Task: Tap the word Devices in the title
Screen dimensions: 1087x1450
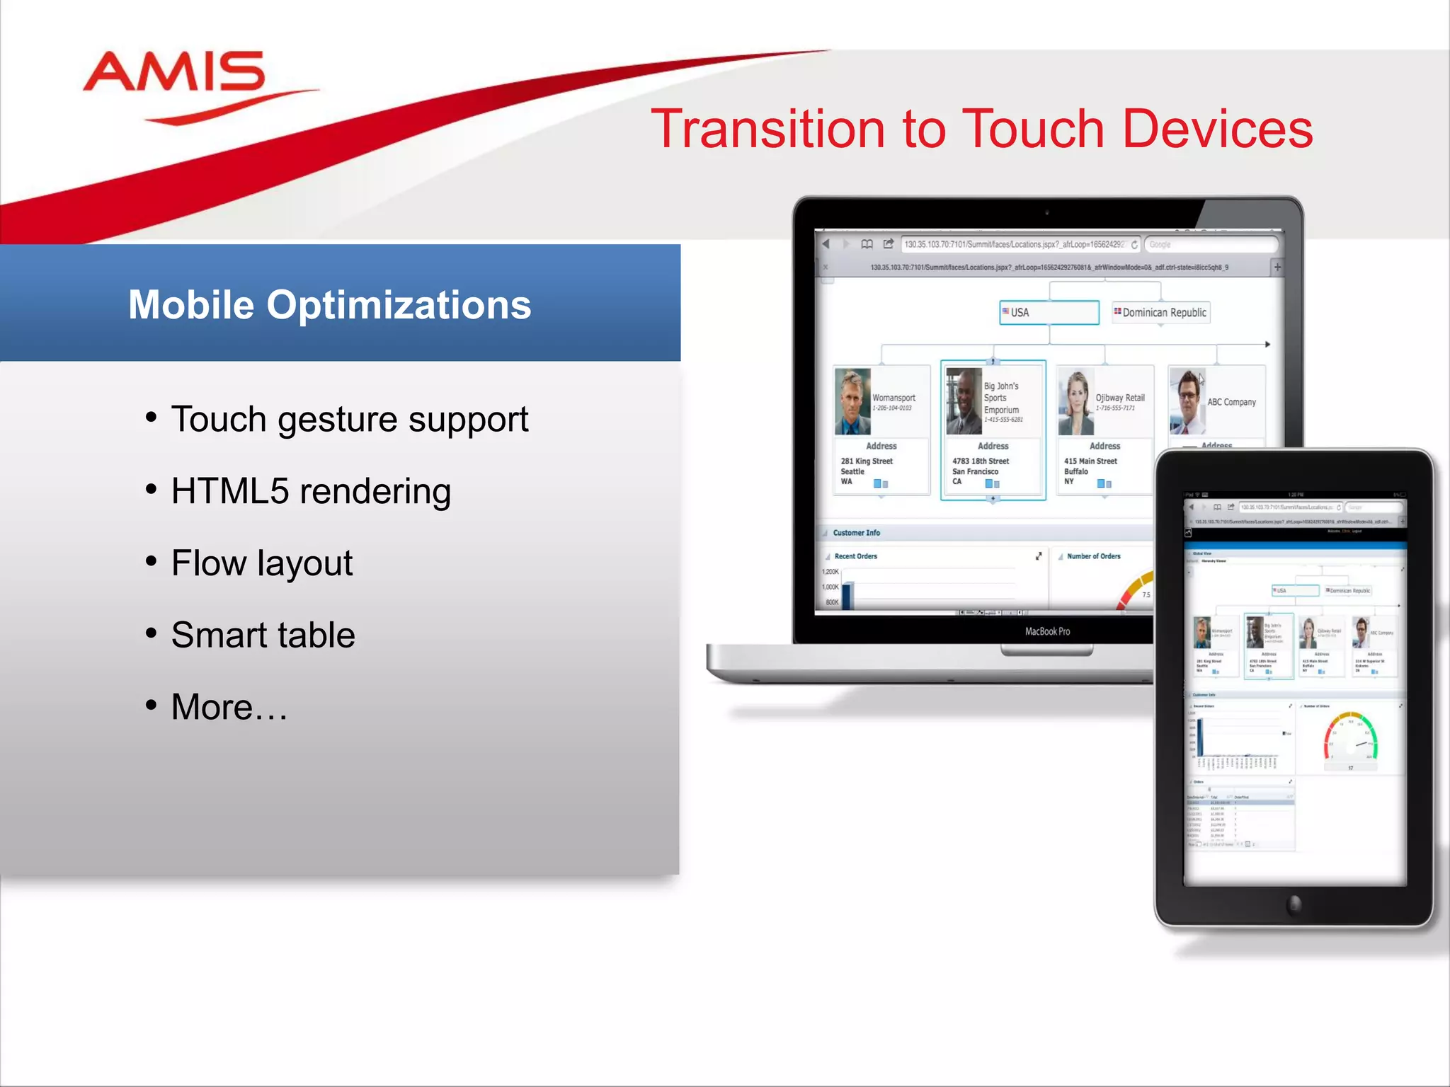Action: coord(1217,129)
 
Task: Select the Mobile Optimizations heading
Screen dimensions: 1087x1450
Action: coord(329,305)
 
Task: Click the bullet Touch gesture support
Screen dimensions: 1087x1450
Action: coord(349,420)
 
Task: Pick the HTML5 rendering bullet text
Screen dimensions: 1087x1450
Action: coord(311,492)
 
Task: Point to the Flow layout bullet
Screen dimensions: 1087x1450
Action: coord(262,563)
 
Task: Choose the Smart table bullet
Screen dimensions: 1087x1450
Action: coord(263,635)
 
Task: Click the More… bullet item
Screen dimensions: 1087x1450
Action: coord(229,707)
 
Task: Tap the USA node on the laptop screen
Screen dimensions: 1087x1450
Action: coord(1049,312)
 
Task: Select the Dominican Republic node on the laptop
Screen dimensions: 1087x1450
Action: coord(1161,312)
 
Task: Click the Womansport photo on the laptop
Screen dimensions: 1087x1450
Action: coord(852,401)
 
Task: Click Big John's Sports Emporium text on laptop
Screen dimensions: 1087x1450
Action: coord(1002,398)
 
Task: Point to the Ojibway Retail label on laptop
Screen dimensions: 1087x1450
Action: coord(1119,398)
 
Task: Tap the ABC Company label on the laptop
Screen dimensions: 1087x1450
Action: coord(1231,402)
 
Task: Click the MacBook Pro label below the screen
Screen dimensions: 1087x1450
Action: coord(1047,631)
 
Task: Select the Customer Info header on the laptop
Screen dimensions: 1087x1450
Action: coord(856,533)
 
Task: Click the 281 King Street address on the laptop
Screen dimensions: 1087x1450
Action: coord(867,461)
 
